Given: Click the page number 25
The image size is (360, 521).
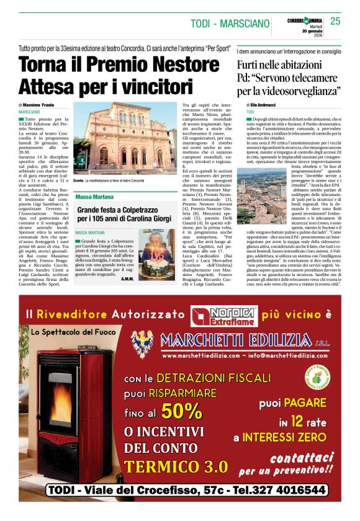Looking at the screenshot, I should click(x=335, y=21).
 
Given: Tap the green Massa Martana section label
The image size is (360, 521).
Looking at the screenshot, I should click(x=94, y=197).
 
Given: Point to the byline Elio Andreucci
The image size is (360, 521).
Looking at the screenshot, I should click(x=266, y=106).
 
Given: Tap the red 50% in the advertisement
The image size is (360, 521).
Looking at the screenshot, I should click(x=183, y=411).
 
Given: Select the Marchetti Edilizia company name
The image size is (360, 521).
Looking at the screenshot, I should click(x=243, y=341).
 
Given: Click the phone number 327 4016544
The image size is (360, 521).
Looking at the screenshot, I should click(x=280, y=491).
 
